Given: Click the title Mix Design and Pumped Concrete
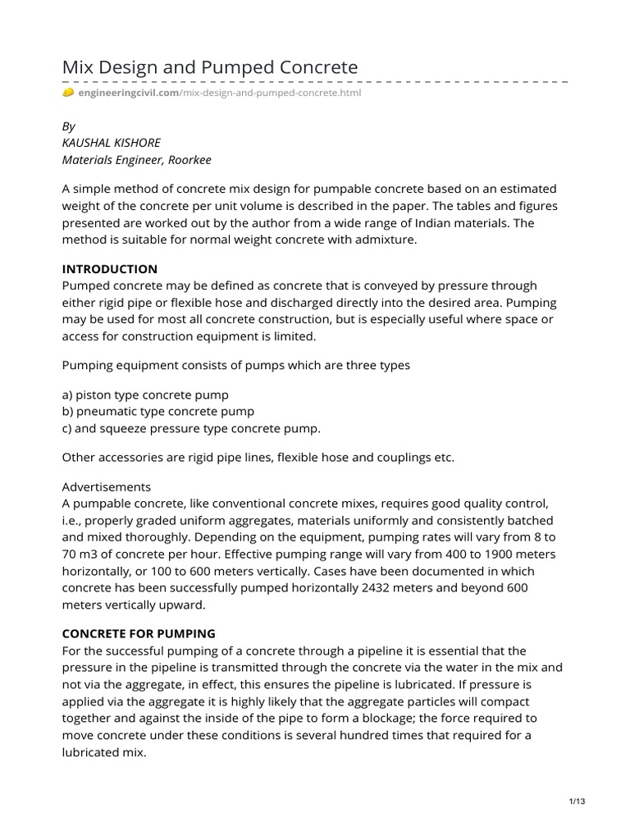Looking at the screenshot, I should click(x=210, y=66).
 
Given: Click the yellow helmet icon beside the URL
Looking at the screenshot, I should click(x=68, y=93).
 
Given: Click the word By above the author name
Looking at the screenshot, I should click(x=69, y=127).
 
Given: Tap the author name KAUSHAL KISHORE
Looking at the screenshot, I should click(x=112, y=143).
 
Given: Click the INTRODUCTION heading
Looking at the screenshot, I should click(x=110, y=269).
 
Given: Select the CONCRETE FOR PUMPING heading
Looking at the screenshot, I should click(x=139, y=633).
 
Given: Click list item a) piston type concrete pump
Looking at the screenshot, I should click(x=145, y=395).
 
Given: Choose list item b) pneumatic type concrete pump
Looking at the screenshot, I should click(x=158, y=411).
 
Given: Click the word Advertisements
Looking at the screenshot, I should click(x=107, y=486).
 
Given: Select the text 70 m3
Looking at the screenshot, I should click(x=82, y=554).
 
